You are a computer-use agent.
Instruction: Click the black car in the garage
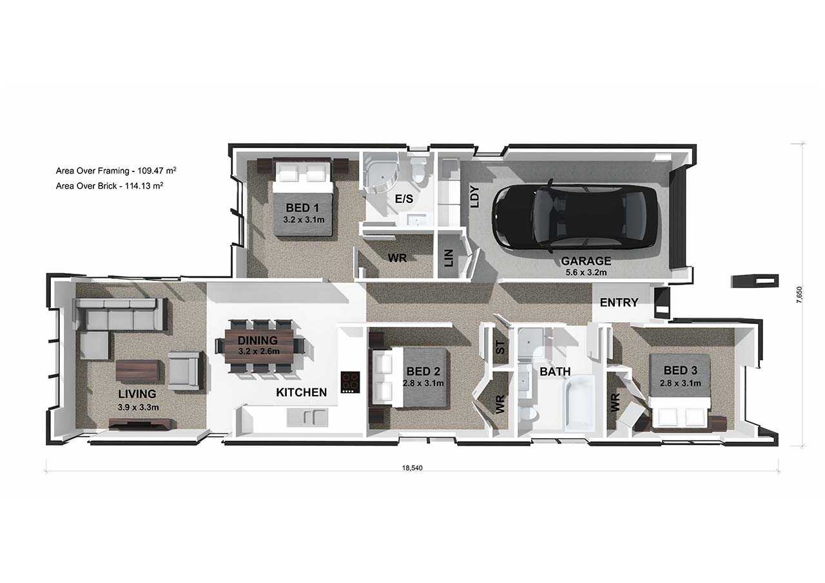coord(574,216)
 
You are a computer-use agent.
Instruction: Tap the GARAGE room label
coord(586,261)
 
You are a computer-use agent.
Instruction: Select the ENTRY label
coord(619,303)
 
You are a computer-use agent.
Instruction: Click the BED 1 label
coord(302,208)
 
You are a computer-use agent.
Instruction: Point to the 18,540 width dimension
coord(412,468)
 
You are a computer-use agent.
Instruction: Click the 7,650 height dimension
coord(799,294)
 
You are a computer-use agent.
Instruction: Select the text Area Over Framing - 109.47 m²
coord(116,171)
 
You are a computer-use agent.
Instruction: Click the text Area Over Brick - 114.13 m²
coord(110,186)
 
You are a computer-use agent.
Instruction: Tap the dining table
coord(260,346)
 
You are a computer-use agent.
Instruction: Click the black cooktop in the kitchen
coord(350,382)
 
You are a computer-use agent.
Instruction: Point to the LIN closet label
coord(449,258)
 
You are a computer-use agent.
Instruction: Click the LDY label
coord(475,196)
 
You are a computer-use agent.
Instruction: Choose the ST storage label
coord(500,347)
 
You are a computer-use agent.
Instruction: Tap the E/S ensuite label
coord(404,199)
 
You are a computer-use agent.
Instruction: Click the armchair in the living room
coord(184,370)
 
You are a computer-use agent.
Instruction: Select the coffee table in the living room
coord(138,370)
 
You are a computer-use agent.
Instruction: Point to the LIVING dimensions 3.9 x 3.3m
coord(138,407)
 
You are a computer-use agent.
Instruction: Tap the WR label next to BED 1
coord(397,258)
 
